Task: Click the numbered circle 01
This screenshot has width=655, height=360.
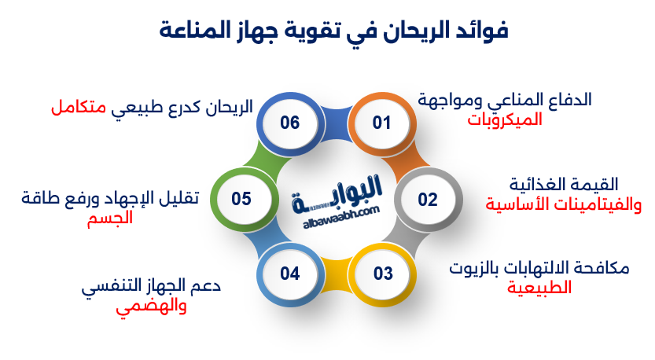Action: click(381, 123)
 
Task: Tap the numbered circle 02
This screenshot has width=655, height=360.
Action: click(427, 199)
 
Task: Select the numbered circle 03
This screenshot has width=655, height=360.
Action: click(382, 274)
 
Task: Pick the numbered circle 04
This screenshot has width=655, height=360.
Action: click(289, 274)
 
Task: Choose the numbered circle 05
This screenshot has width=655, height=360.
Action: click(241, 199)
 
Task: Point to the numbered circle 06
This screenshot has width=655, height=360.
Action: click(289, 123)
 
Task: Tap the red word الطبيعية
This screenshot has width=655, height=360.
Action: click(539, 288)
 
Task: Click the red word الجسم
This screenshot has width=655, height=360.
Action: click(109, 218)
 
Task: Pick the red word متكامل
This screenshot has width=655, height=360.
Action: click(79, 108)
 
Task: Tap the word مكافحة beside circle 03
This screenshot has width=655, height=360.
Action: click(601, 268)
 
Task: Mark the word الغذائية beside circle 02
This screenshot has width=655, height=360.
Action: click(537, 186)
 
